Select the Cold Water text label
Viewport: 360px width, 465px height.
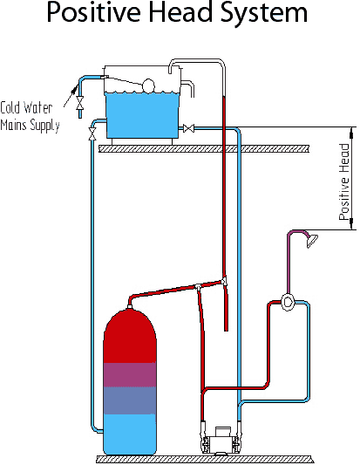coord(30,108)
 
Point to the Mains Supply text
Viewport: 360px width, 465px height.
coord(31,125)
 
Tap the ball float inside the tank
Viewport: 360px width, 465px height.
coord(148,85)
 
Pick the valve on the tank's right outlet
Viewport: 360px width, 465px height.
coord(188,129)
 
